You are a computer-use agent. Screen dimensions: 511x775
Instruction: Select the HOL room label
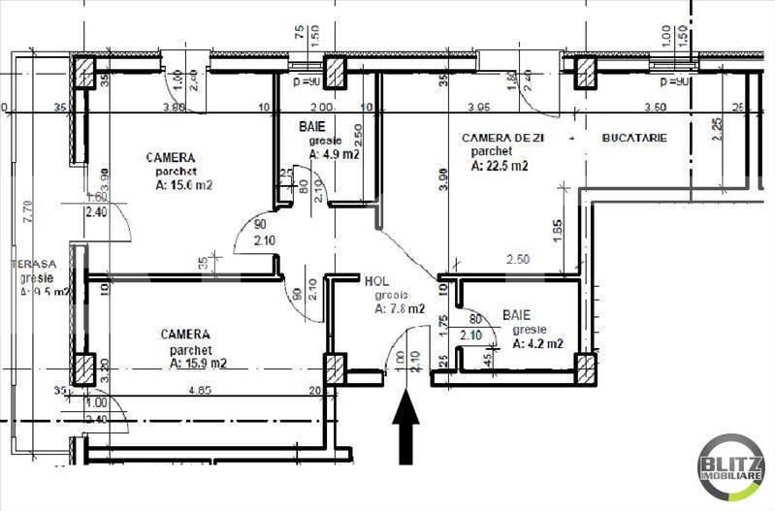click(377, 281)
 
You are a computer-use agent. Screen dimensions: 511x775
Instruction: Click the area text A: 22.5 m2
click(500, 166)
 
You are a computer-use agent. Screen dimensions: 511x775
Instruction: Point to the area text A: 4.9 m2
click(335, 153)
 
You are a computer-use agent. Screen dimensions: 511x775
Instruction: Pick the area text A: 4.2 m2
click(538, 342)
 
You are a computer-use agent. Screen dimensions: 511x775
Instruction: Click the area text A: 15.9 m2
click(198, 364)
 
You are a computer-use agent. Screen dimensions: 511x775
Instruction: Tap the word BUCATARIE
click(634, 139)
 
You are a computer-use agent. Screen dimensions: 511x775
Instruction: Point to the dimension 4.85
click(201, 392)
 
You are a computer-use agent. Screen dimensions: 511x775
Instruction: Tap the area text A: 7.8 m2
click(399, 309)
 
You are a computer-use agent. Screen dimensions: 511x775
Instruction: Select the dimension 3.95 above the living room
click(476, 107)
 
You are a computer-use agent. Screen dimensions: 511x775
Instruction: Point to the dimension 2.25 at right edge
click(717, 128)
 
